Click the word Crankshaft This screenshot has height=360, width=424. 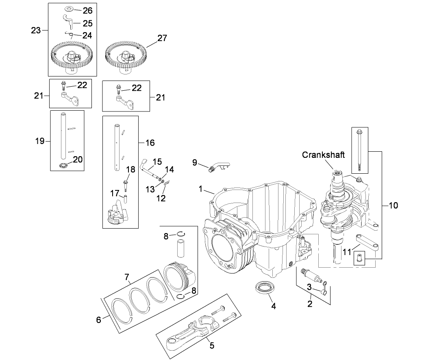[323, 155]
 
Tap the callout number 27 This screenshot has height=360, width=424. [162, 39]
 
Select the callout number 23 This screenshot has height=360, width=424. [36, 31]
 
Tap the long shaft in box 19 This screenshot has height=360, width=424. [63, 136]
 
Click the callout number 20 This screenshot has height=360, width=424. [78, 159]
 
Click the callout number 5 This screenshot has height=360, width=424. [211, 346]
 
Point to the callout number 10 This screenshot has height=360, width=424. [394, 205]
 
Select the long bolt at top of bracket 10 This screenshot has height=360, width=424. [359, 151]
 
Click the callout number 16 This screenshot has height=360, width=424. [150, 143]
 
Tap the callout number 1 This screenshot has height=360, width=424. [200, 189]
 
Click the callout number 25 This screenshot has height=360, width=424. [87, 23]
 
